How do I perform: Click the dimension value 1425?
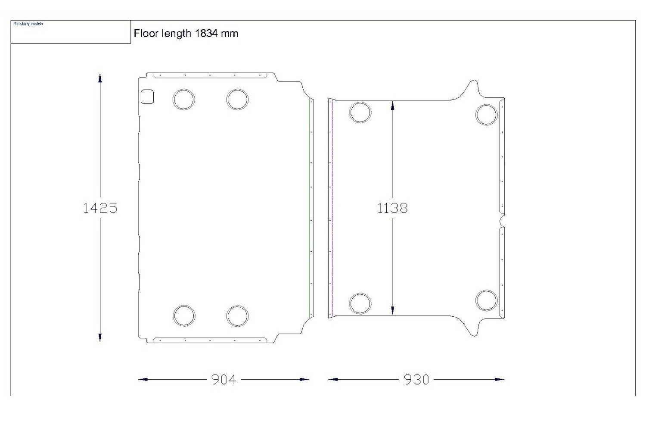[x=100, y=208]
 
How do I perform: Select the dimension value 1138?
[x=392, y=208]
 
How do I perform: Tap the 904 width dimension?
[x=224, y=380]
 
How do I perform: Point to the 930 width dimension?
[x=416, y=380]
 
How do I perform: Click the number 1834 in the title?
[x=206, y=34]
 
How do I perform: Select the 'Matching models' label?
[x=28, y=24]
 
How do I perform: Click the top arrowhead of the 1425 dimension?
[x=100, y=78]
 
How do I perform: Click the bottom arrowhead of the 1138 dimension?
[x=392, y=310]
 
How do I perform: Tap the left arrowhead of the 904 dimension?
[x=143, y=379]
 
